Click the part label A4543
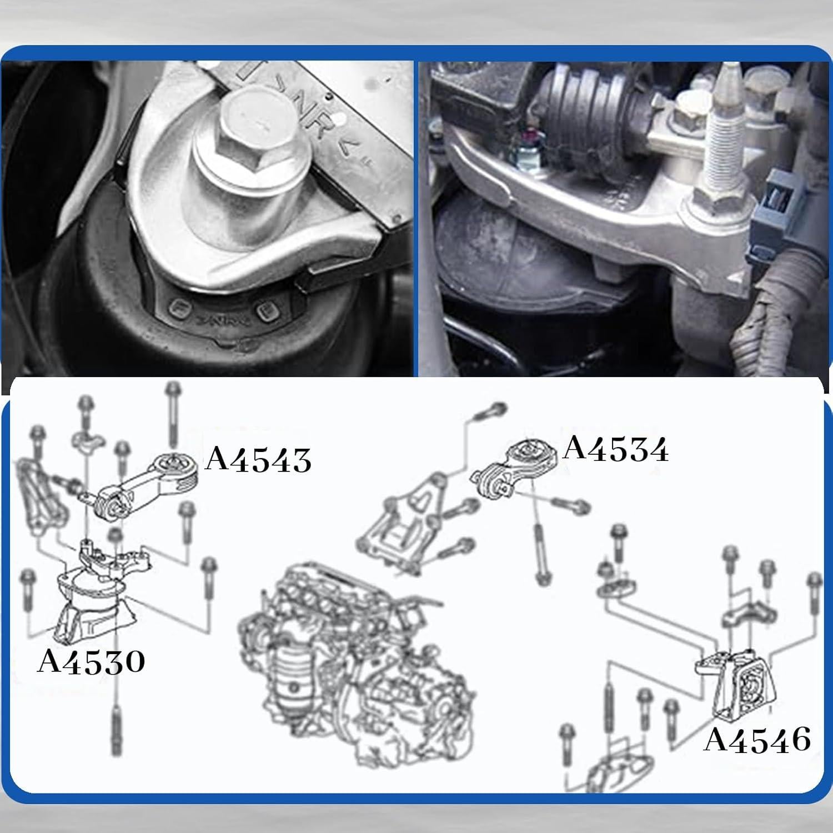pos(258,460)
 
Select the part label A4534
pos(615,449)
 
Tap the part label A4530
pos(91,661)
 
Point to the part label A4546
pos(757,740)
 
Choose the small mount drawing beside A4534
pos(508,469)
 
